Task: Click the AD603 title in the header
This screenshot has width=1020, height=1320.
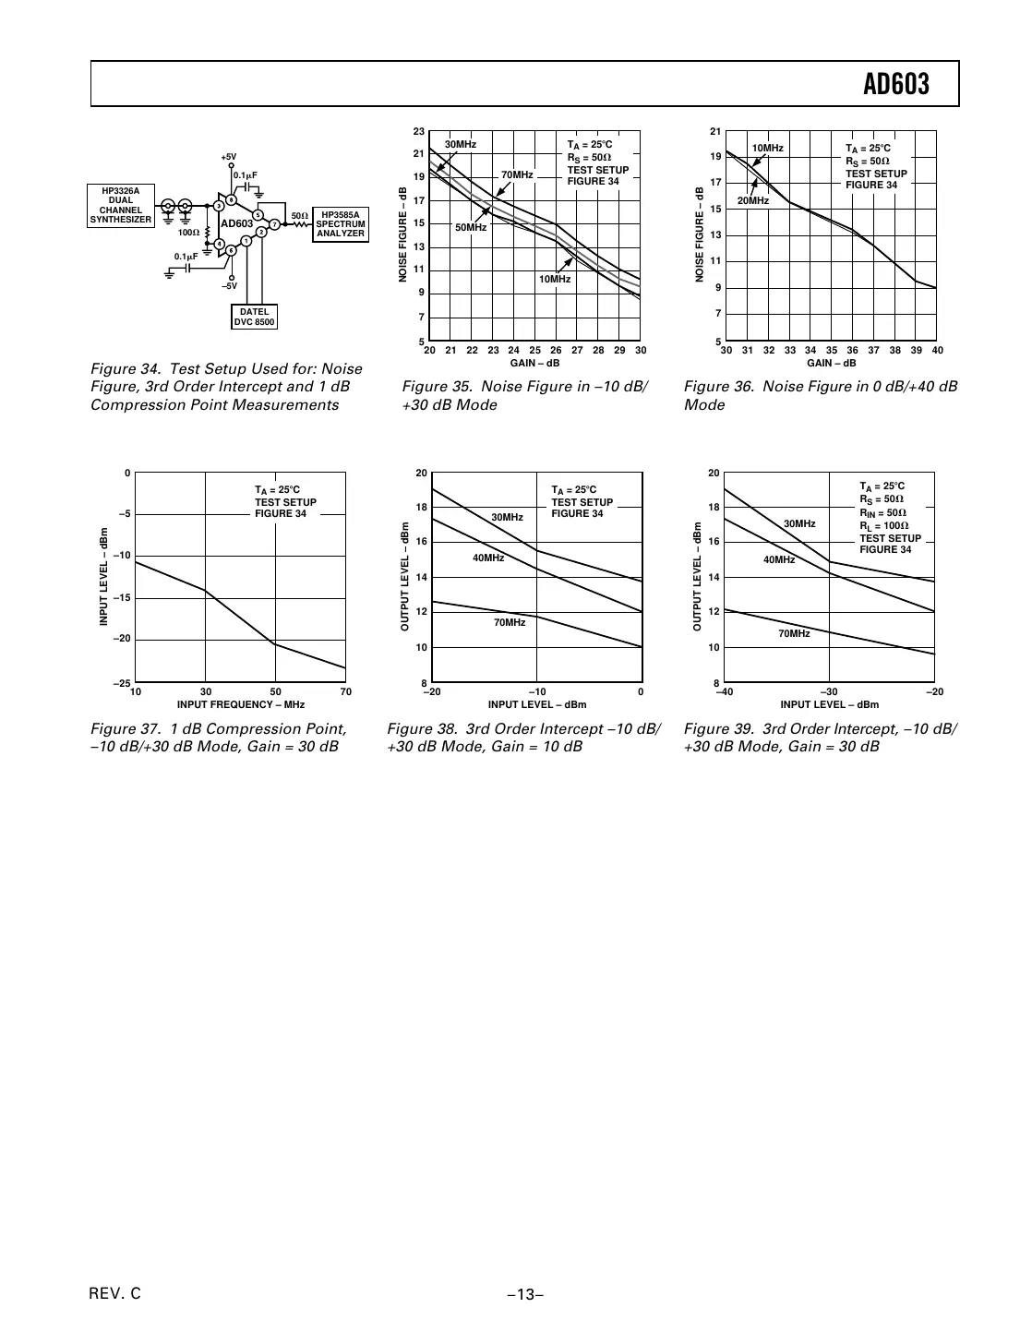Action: (x=895, y=85)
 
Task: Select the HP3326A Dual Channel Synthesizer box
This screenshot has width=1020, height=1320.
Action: (x=121, y=206)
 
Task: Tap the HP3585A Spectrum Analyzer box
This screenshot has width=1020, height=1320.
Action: (x=340, y=224)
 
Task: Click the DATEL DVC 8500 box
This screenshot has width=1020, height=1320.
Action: (x=254, y=317)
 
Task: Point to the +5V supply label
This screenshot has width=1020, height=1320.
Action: (x=228, y=157)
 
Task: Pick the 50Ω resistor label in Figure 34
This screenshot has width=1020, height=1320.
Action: (x=299, y=216)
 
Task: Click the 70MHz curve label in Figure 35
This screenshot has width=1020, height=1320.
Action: (x=517, y=174)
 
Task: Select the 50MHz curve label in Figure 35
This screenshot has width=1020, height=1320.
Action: (x=471, y=227)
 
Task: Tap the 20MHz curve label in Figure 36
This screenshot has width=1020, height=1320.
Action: (x=752, y=200)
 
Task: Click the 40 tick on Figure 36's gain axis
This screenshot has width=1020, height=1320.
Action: (x=937, y=351)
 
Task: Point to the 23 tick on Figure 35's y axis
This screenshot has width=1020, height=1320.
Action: (x=419, y=132)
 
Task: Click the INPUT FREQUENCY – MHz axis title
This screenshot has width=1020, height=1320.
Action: (x=240, y=704)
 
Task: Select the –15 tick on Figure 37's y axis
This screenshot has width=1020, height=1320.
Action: (x=121, y=598)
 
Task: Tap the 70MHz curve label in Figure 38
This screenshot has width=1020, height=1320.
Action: (x=509, y=623)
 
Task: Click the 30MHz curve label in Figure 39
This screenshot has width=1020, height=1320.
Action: (x=799, y=523)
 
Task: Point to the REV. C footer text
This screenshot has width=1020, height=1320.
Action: (x=115, y=1293)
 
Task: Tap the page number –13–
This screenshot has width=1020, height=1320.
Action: (x=524, y=1294)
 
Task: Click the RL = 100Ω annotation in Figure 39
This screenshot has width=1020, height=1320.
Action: (x=883, y=525)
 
